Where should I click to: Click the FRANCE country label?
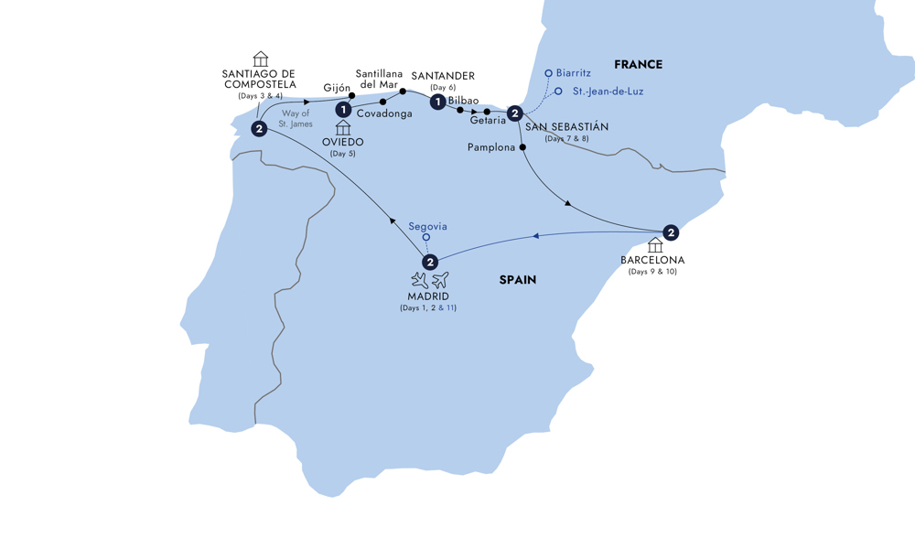click(x=638, y=65)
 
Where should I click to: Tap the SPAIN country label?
click(x=518, y=280)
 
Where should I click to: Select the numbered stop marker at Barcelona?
click(x=671, y=232)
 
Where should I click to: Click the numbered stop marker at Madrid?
click(x=430, y=262)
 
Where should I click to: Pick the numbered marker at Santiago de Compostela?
click(x=259, y=129)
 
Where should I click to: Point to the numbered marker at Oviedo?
click(x=343, y=109)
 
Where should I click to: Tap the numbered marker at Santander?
click(x=437, y=102)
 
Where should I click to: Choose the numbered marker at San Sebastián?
click(x=514, y=113)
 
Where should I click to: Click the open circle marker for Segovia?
click(x=426, y=238)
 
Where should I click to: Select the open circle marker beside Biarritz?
click(x=548, y=73)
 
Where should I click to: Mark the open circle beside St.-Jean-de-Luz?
click(x=558, y=91)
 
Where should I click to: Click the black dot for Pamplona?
click(x=522, y=147)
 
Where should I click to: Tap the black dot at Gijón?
click(x=352, y=96)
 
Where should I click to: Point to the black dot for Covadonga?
click(x=382, y=102)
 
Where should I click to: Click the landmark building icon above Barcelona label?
click(x=655, y=245)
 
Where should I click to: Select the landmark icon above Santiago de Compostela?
click(x=260, y=59)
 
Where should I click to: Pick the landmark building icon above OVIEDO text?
click(x=343, y=128)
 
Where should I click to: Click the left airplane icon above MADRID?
click(x=420, y=281)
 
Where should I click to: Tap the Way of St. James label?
click(x=296, y=118)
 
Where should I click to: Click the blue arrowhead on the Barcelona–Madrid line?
click(x=536, y=236)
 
